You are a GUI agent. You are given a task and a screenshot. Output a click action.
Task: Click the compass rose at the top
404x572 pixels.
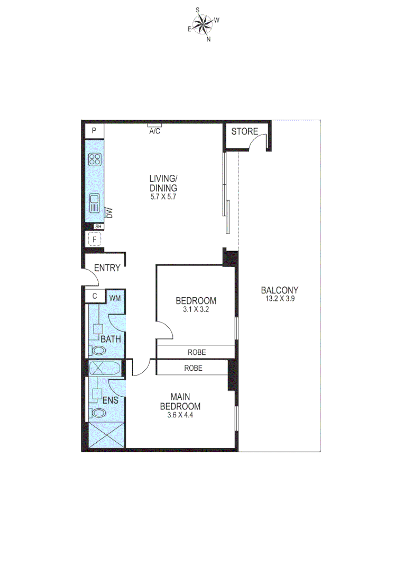pos(203,24)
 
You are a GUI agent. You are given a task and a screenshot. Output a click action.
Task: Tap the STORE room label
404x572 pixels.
pos(245,131)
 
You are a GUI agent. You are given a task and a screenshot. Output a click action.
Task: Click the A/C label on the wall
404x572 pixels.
pos(154,131)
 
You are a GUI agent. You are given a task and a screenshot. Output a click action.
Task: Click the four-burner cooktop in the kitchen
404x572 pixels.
pos(95,159)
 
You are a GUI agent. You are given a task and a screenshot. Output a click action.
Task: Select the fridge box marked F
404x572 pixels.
pos(95,240)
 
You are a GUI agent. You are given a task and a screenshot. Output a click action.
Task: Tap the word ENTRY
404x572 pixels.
pos(107,268)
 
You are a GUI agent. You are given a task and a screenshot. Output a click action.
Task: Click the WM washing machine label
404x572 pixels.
pos(115,298)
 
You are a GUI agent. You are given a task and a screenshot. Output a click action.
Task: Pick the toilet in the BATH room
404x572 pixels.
pos(97,350)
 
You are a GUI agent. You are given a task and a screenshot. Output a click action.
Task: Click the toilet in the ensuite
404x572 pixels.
pos(97,413)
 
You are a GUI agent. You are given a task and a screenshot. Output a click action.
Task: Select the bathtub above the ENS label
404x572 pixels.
pos(105,368)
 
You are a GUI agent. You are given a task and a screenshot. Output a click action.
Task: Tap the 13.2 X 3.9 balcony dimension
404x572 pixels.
pos(280,299)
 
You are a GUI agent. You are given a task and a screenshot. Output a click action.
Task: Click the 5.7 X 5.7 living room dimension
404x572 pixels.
pos(162,196)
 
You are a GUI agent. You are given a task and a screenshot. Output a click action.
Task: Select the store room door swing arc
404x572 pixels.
pos(259,141)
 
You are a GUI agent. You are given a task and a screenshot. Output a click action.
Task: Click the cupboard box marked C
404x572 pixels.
pos(95,296)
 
